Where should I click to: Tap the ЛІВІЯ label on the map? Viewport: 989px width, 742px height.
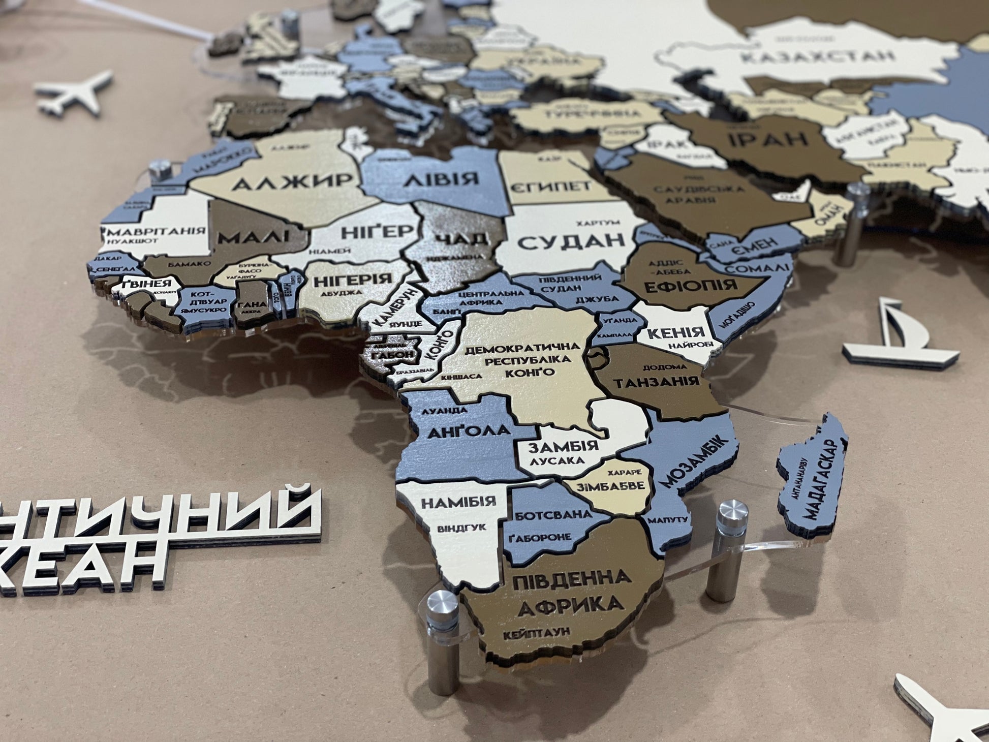pyautogui.click(x=441, y=178)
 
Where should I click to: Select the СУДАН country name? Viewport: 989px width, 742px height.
pyautogui.click(x=571, y=242)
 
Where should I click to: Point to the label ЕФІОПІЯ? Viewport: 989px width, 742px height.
pyautogui.click(x=692, y=285)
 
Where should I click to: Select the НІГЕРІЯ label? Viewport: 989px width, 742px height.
pyautogui.click(x=353, y=280)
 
